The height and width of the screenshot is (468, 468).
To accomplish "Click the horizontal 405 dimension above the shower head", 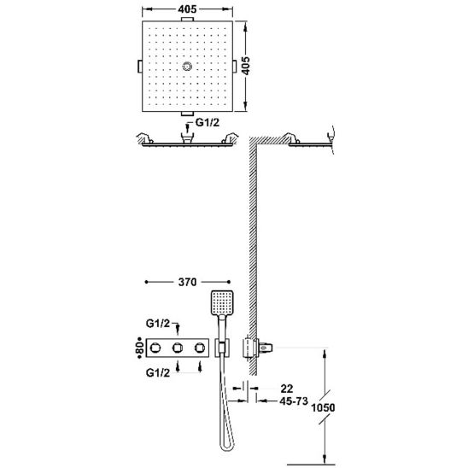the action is tap(187, 9).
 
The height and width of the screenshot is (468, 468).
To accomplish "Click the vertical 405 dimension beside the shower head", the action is tap(246, 66).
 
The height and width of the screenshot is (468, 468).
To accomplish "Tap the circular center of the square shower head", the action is tap(187, 67).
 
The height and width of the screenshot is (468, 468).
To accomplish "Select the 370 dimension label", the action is tap(187, 282).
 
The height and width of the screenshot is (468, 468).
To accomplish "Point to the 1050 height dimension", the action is tap(323, 407).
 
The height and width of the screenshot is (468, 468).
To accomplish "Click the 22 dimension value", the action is tap(287, 389).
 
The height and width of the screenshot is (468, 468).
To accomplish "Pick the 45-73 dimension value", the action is tap(294, 401).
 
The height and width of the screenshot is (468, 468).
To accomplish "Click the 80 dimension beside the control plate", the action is tap(140, 348).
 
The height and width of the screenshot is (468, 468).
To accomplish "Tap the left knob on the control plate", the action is tap(155, 348).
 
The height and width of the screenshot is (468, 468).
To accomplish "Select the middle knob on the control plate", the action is tap(178, 348).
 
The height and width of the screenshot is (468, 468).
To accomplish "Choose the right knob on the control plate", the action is tap(200, 348).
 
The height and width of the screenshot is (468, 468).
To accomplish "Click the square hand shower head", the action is tap(222, 302).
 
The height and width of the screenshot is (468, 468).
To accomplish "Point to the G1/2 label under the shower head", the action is tap(208, 122).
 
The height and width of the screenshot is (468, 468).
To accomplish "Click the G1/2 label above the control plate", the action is tap(158, 324).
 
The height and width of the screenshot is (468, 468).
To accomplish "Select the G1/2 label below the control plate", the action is tap(158, 373).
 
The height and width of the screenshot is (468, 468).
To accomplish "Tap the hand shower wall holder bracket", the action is tap(223, 348).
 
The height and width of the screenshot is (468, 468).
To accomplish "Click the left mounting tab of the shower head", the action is tap(140, 67).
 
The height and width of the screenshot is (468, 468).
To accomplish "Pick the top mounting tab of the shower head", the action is tap(187, 19).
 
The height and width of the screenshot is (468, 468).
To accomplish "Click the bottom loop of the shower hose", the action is tap(227, 446).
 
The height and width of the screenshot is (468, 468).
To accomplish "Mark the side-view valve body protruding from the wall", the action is tap(257, 348).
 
